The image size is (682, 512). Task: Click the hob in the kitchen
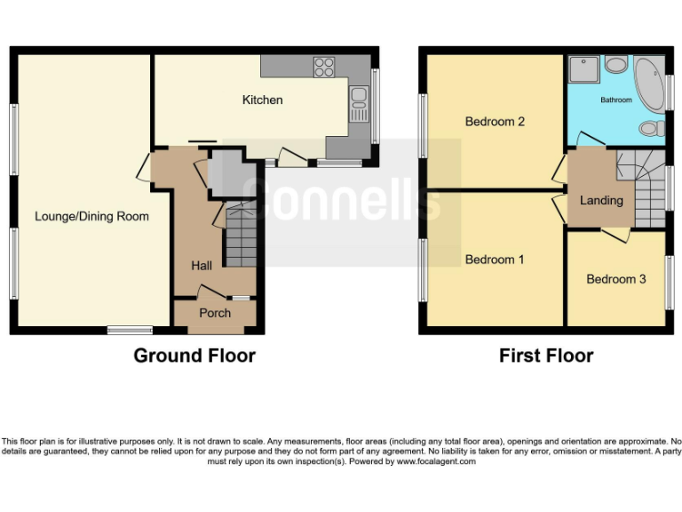324,67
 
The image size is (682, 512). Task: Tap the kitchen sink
359,97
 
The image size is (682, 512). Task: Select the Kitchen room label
263,100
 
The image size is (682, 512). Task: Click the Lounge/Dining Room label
91,216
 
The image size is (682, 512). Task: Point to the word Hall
202,265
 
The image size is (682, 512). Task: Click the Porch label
215,313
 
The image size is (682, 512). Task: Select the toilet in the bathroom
652,129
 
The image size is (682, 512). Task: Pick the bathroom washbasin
615,65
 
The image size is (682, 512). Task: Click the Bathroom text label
615,100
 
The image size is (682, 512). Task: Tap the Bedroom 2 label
496,122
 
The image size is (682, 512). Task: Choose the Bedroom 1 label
496,260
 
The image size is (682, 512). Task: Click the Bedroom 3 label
616,279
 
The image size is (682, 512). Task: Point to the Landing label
601,200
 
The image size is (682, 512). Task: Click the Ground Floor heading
194,356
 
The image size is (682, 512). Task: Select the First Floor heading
546,356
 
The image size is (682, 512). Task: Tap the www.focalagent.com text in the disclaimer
436,461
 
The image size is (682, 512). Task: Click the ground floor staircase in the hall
238,236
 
